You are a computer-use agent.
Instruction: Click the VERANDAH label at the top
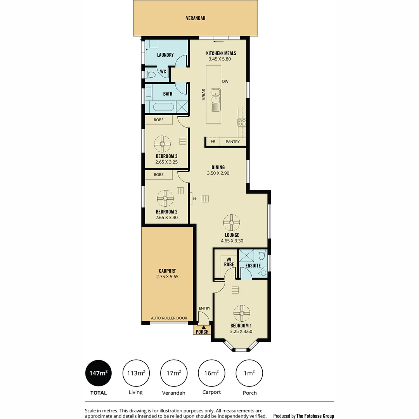(195, 18)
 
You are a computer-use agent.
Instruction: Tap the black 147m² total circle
(98, 373)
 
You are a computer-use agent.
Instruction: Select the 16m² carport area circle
(211, 373)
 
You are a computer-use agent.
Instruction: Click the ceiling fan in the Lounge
(231, 223)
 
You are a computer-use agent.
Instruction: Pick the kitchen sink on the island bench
(215, 100)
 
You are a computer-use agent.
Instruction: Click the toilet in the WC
(151, 74)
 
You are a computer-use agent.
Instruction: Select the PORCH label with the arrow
(202, 331)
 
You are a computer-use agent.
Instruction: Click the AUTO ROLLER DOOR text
(169, 318)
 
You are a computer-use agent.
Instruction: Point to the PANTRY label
(233, 142)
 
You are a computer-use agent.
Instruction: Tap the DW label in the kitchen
(225, 81)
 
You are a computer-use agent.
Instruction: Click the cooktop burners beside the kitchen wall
(242, 122)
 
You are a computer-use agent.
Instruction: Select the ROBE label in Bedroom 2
(158, 175)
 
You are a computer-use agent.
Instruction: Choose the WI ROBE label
(229, 262)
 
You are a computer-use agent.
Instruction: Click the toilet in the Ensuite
(261, 256)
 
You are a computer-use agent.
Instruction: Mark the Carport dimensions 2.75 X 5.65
(167, 277)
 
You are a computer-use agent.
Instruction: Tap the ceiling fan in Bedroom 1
(241, 313)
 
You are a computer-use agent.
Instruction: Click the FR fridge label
(213, 142)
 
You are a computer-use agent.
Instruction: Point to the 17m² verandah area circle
(174, 373)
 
